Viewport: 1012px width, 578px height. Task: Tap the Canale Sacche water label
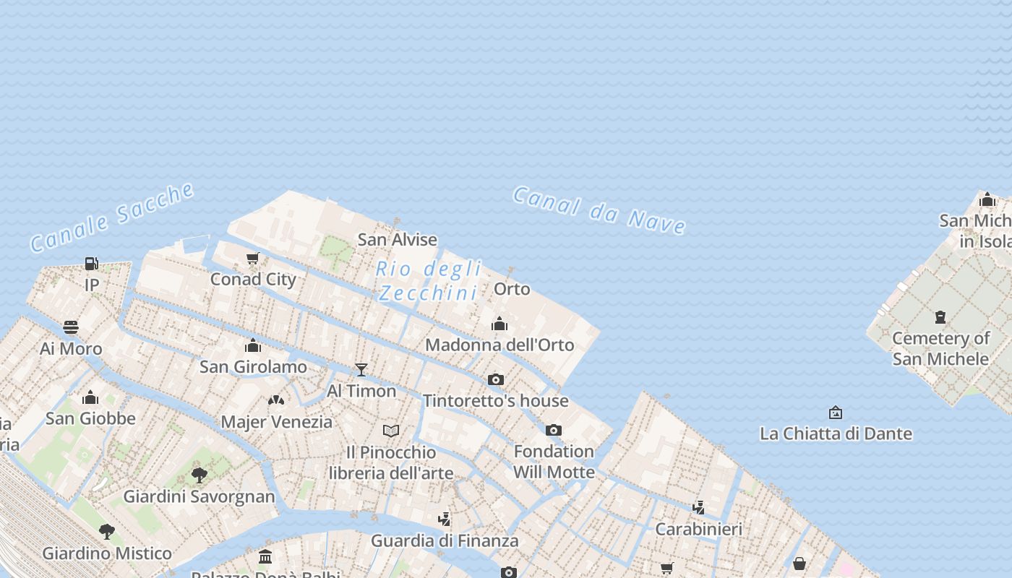tap(112, 217)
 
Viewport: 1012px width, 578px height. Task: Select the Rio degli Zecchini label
tap(429, 280)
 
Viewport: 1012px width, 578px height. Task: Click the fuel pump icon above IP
tap(92, 264)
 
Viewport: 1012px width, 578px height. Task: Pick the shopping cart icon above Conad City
tap(253, 258)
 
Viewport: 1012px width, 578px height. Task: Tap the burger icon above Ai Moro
tap(71, 327)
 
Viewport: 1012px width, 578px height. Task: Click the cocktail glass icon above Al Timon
tap(361, 370)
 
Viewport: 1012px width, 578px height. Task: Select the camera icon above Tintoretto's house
tap(495, 379)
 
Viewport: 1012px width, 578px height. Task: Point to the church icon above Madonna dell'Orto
tap(499, 323)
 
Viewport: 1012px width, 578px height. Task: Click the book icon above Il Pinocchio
tap(391, 431)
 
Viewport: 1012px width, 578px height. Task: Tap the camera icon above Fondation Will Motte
tap(554, 430)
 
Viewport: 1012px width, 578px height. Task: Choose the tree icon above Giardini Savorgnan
tap(200, 475)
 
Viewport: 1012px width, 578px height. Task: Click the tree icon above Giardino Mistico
tap(107, 532)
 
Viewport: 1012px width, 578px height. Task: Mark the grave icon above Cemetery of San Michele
tap(940, 316)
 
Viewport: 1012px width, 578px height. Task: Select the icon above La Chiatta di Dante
tap(836, 413)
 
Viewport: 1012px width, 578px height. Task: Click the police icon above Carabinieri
tap(698, 507)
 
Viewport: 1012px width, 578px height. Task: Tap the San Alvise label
tap(398, 239)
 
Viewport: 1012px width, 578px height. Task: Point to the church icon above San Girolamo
tap(253, 345)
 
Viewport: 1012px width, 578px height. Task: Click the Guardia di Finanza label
tap(445, 540)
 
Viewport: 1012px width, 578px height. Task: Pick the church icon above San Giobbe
tap(90, 397)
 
